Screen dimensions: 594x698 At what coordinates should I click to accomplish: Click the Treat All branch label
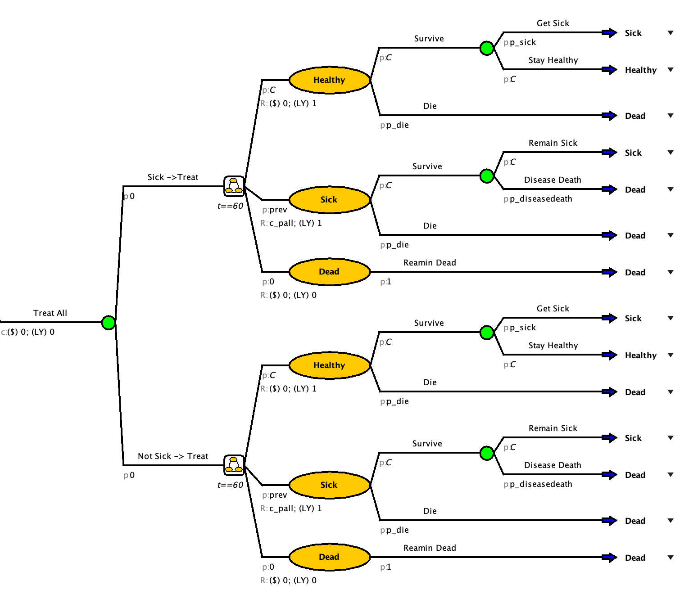point(50,313)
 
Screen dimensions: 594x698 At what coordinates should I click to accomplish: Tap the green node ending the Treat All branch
point(109,323)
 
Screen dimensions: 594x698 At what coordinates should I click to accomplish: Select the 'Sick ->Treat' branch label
point(173,177)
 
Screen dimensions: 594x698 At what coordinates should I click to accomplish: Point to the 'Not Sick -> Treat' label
point(173,456)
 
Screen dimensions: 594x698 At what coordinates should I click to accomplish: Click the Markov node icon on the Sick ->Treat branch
point(234,186)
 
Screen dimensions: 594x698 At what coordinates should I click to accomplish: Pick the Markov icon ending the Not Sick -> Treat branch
point(234,465)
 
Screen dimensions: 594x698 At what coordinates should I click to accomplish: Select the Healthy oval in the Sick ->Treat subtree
point(329,80)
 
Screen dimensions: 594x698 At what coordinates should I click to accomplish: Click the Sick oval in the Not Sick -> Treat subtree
point(329,485)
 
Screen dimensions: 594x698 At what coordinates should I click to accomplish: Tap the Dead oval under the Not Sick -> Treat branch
point(329,557)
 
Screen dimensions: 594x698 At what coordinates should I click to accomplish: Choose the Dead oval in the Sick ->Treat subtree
point(329,272)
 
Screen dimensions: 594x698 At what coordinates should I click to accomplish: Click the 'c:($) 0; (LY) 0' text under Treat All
point(28,332)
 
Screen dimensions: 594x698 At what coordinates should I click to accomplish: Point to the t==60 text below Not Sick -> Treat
point(230,485)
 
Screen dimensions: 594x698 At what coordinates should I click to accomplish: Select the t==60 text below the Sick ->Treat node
point(230,206)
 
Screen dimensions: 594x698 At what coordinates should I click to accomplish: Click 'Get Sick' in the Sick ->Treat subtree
point(553,23)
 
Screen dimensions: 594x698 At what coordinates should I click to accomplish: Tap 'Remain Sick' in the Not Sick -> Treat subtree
point(553,428)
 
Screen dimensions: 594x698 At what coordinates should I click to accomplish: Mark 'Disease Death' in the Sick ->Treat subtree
point(553,180)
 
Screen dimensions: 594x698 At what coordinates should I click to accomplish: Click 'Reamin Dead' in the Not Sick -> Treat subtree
point(430,548)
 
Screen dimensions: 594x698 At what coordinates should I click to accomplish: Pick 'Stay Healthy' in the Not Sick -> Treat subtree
point(553,346)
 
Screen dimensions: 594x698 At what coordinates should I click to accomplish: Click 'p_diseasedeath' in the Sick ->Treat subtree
point(541,199)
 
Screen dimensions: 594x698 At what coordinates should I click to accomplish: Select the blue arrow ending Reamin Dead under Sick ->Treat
point(609,272)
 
